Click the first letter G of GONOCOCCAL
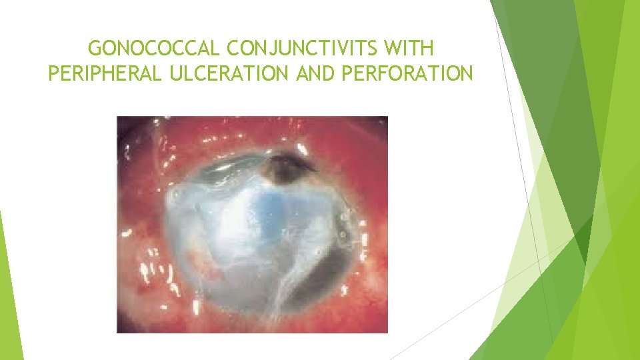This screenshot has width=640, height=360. pos(95,49)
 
